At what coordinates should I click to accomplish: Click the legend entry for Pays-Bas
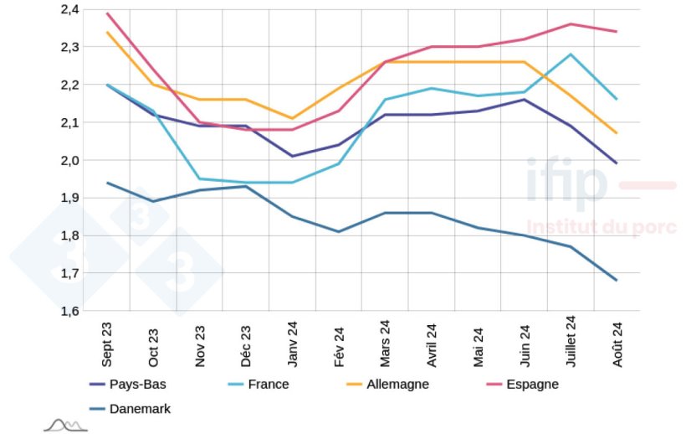point(125,385)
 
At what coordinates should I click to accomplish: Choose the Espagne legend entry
point(523,385)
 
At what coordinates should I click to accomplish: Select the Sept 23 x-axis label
point(107,344)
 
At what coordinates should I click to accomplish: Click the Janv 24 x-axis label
point(293,344)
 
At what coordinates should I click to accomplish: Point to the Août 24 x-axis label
point(617,344)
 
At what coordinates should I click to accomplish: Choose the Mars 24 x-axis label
point(386,344)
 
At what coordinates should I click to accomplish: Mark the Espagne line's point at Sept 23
point(107,13)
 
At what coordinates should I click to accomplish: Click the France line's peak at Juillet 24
point(571,54)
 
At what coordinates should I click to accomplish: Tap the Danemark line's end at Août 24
point(617,280)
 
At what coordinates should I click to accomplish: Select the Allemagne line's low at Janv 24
point(293,118)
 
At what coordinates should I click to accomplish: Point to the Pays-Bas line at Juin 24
point(524,100)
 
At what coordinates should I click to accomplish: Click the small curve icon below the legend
point(66,426)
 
